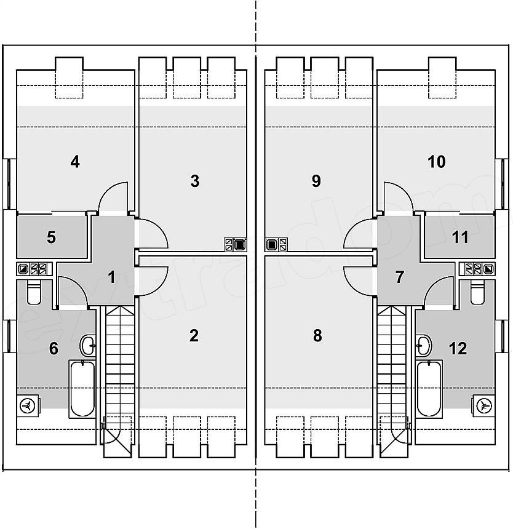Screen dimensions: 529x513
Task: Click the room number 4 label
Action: (75, 162)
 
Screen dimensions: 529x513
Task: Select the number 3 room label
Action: (195, 181)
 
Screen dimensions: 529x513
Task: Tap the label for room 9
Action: (316, 181)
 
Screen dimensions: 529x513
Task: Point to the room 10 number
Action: (436, 162)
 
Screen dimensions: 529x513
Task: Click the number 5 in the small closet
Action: (51, 237)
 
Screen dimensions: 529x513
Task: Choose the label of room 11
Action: (460, 237)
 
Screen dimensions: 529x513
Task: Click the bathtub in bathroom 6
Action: (82, 389)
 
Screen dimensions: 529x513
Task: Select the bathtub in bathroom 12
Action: (429, 389)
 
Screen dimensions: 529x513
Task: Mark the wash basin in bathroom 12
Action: (423, 345)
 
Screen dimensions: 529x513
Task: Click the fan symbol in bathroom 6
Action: (27, 406)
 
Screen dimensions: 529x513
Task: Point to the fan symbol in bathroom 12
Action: (484, 406)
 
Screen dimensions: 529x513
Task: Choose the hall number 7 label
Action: (399, 277)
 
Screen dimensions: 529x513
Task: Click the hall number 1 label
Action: (111, 277)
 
